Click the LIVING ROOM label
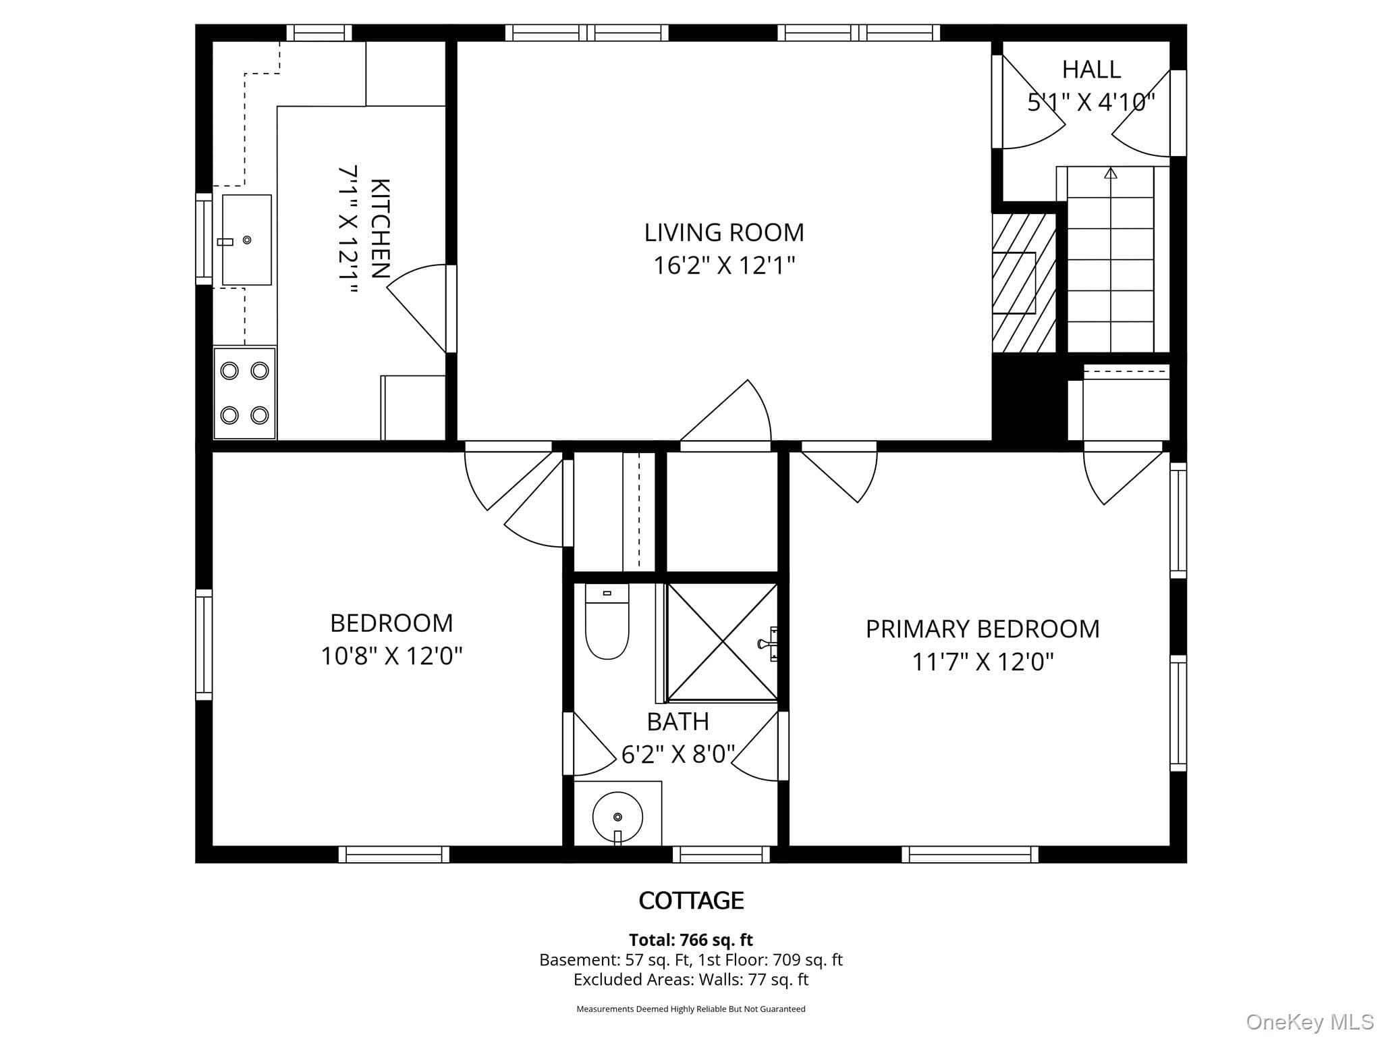pos(724,233)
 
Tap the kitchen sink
pos(247,240)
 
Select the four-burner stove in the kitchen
pos(244,393)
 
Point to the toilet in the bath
pos(607,621)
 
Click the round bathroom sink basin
pos(617,817)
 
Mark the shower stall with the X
pos(722,641)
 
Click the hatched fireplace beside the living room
pos(1024,283)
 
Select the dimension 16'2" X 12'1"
pos(724,265)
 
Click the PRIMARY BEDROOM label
pos(983,629)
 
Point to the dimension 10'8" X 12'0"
pos(391,656)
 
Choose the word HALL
pos(1091,70)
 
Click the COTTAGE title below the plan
pos(691,900)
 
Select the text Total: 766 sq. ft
pos(691,940)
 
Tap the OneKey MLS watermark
pos(1310,1023)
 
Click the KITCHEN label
pos(381,229)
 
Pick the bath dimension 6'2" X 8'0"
pos(678,754)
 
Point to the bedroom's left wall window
pos(204,645)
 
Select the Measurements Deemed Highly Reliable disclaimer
pos(691,1009)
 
